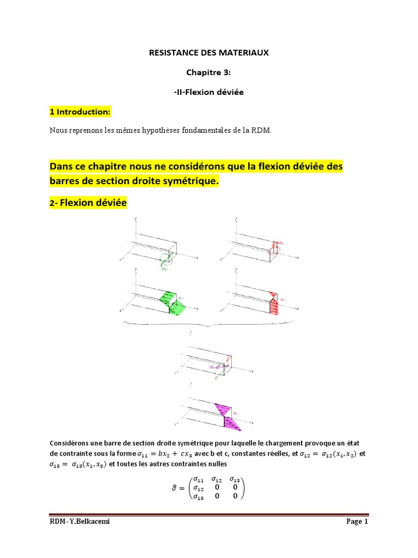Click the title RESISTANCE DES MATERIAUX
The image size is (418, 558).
point(209,53)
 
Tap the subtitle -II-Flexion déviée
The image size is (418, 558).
point(209,92)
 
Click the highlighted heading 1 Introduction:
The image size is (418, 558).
point(79,112)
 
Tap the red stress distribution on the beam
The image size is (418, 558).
point(276,302)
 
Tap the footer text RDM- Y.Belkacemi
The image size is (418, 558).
point(75,522)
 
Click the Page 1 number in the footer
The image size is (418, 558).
point(357,522)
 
